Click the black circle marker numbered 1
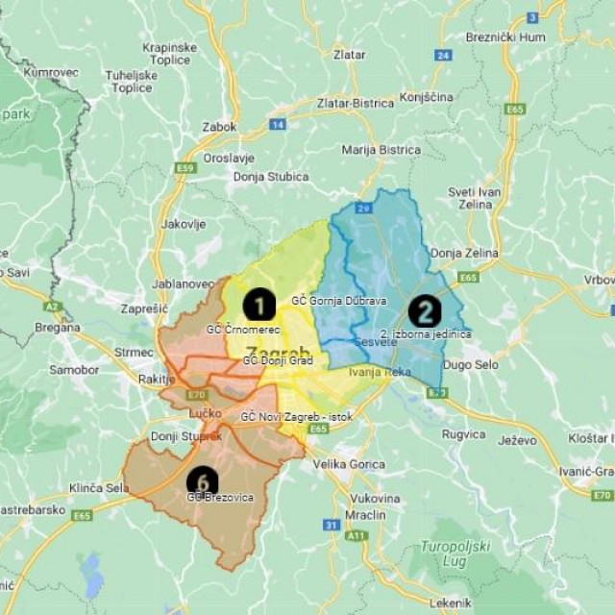(259, 305)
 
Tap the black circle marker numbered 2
(424, 311)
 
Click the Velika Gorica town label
(349, 464)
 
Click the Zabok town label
(219, 125)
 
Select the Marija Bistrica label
(381, 150)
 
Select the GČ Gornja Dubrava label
(338, 301)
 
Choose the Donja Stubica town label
(271, 177)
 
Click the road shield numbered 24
(442, 55)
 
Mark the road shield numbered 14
(278, 124)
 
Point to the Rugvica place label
(463, 434)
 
